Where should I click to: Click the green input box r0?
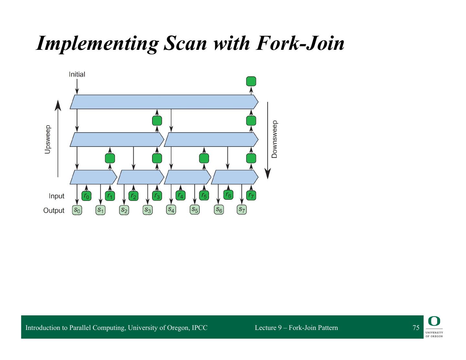pyautogui.click(x=86, y=196)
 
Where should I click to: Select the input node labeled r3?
pyautogui.click(x=157, y=196)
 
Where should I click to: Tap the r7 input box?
pyautogui.click(x=251, y=196)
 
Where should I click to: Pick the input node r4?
pyautogui.click(x=181, y=195)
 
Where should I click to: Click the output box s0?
pyautogui.click(x=77, y=210)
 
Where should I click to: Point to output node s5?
pyautogui.click(x=194, y=210)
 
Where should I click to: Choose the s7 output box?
pyautogui.click(x=242, y=210)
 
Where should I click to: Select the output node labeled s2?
pyautogui.click(x=124, y=210)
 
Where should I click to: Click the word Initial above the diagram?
pyautogui.click(x=77, y=74)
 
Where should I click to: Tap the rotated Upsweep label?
pyautogui.click(x=48, y=139)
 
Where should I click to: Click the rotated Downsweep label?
pyautogui.click(x=274, y=139)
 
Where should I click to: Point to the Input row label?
pyautogui.click(x=57, y=196)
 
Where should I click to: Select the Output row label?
pyautogui.click(x=54, y=211)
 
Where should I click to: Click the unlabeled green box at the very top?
pyautogui.click(x=251, y=81)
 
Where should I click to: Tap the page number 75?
pyautogui.click(x=416, y=328)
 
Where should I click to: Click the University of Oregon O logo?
pyautogui.click(x=434, y=321)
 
